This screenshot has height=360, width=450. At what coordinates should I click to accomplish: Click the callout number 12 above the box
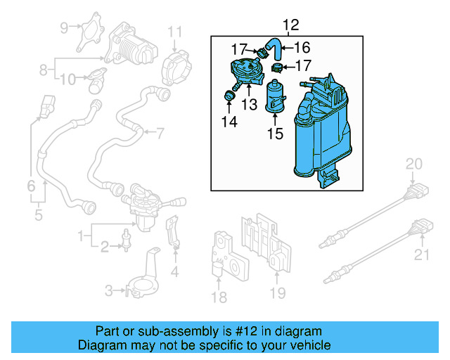point(290,25)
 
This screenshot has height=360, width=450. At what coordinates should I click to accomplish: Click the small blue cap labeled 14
point(230,96)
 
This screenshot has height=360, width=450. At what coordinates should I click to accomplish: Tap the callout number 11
point(174,32)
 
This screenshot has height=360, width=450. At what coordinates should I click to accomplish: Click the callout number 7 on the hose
point(160,131)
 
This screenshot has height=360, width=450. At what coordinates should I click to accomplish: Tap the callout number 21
point(422,255)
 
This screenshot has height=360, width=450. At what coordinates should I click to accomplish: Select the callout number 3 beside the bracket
point(109,290)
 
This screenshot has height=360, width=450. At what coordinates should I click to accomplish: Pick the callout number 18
point(219,297)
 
